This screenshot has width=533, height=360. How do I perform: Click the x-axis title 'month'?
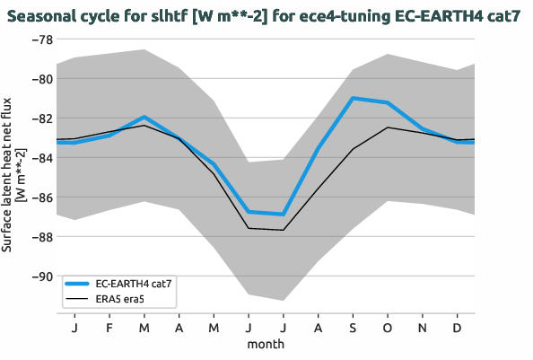(266, 344)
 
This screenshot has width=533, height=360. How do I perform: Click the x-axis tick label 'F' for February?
(109, 327)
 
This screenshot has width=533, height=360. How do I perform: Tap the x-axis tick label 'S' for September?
(353, 327)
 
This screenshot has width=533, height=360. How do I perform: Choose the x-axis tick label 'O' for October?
(388, 327)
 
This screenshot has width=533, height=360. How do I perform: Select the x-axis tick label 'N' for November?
(423, 327)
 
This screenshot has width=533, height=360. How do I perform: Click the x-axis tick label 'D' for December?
(458, 327)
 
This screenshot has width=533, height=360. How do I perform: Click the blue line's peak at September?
(353, 98)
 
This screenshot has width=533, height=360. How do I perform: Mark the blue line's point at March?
(144, 118)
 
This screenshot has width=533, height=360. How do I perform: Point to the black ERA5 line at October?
(388, 127)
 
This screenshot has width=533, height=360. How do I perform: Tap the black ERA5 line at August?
(318, 188)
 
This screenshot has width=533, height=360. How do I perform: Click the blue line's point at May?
(214, 165)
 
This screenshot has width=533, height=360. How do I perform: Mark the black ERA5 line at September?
(353, 149)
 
